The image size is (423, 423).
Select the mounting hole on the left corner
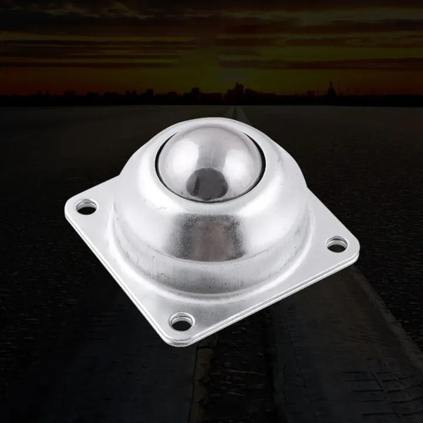[x=86, y=206]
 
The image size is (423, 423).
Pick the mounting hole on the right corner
[x=337, y=244]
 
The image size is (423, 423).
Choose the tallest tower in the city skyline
[x=237, y=91]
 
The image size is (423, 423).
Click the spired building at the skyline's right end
[x=331, y=90]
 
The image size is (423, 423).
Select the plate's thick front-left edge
[x=117, y=276]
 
